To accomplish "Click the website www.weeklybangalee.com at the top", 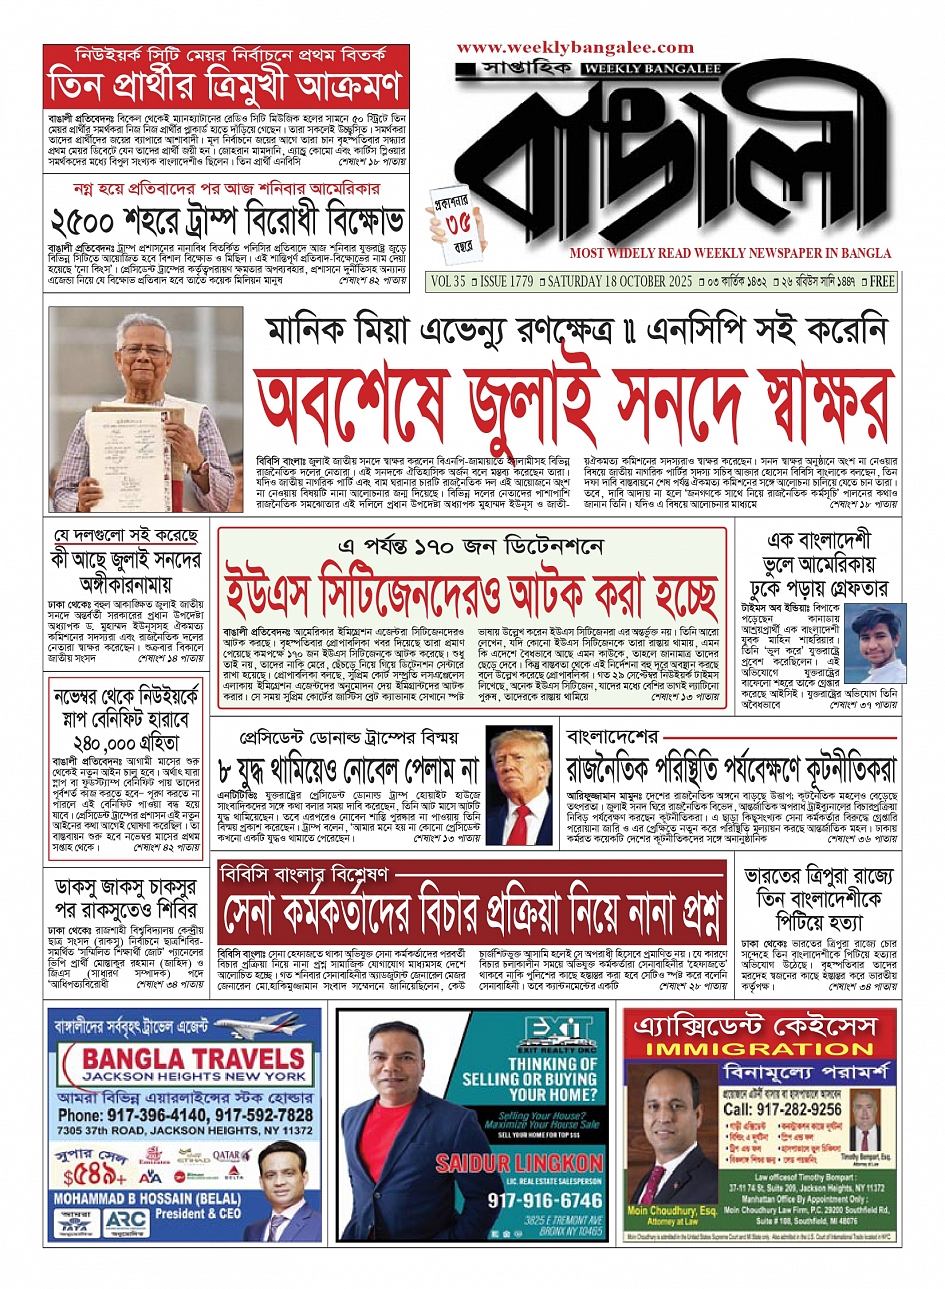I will (575, 47).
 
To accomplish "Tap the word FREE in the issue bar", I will (882, 281).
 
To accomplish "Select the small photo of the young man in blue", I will (873, 643).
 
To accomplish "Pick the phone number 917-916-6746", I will (517, 1199).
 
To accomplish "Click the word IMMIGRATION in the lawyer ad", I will (760, 1049).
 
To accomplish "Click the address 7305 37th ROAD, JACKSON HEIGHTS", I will (185, 1130).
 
